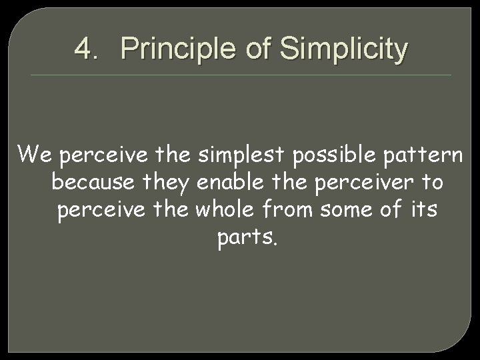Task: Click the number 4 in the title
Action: tap(82, 49)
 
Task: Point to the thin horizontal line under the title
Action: tap(240, 75)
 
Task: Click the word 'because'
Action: tap(93, 182)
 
